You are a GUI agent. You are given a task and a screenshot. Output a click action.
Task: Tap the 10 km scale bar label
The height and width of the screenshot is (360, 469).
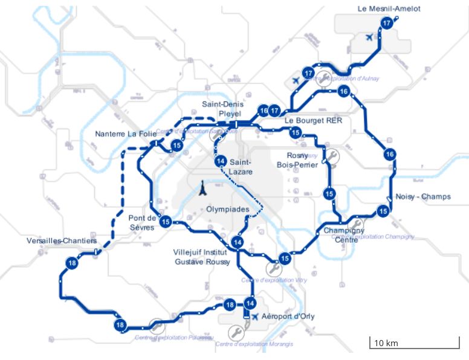tap(386, 343)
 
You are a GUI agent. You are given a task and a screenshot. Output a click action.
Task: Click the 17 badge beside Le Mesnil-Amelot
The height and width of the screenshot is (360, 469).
tap(387, 23)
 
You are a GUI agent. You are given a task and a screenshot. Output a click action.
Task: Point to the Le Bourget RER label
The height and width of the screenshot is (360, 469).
tap(313, 120)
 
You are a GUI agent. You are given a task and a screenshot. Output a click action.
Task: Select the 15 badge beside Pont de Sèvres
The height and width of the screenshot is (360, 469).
tap(166, 221)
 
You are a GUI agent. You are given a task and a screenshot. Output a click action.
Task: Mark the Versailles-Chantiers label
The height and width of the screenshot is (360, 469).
tap(62, 240)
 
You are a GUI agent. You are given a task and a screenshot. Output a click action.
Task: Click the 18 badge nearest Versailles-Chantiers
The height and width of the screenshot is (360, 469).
tap(72, 263)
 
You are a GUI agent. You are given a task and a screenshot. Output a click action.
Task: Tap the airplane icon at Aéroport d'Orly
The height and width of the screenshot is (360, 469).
tap(255, 317)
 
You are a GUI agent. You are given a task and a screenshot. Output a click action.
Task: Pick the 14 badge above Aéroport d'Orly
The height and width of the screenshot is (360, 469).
tap(250, 303)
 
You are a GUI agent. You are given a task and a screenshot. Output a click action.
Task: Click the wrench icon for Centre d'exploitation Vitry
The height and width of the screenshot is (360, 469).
tap(272, 269)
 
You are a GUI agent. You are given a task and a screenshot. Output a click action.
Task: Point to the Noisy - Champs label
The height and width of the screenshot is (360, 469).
tap(422, 197)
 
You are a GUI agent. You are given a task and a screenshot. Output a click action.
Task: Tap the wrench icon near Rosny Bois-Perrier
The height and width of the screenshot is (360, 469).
tap(331, 156)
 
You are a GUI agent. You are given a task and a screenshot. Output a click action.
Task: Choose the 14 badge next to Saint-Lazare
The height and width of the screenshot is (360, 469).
tap(220, 161)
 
